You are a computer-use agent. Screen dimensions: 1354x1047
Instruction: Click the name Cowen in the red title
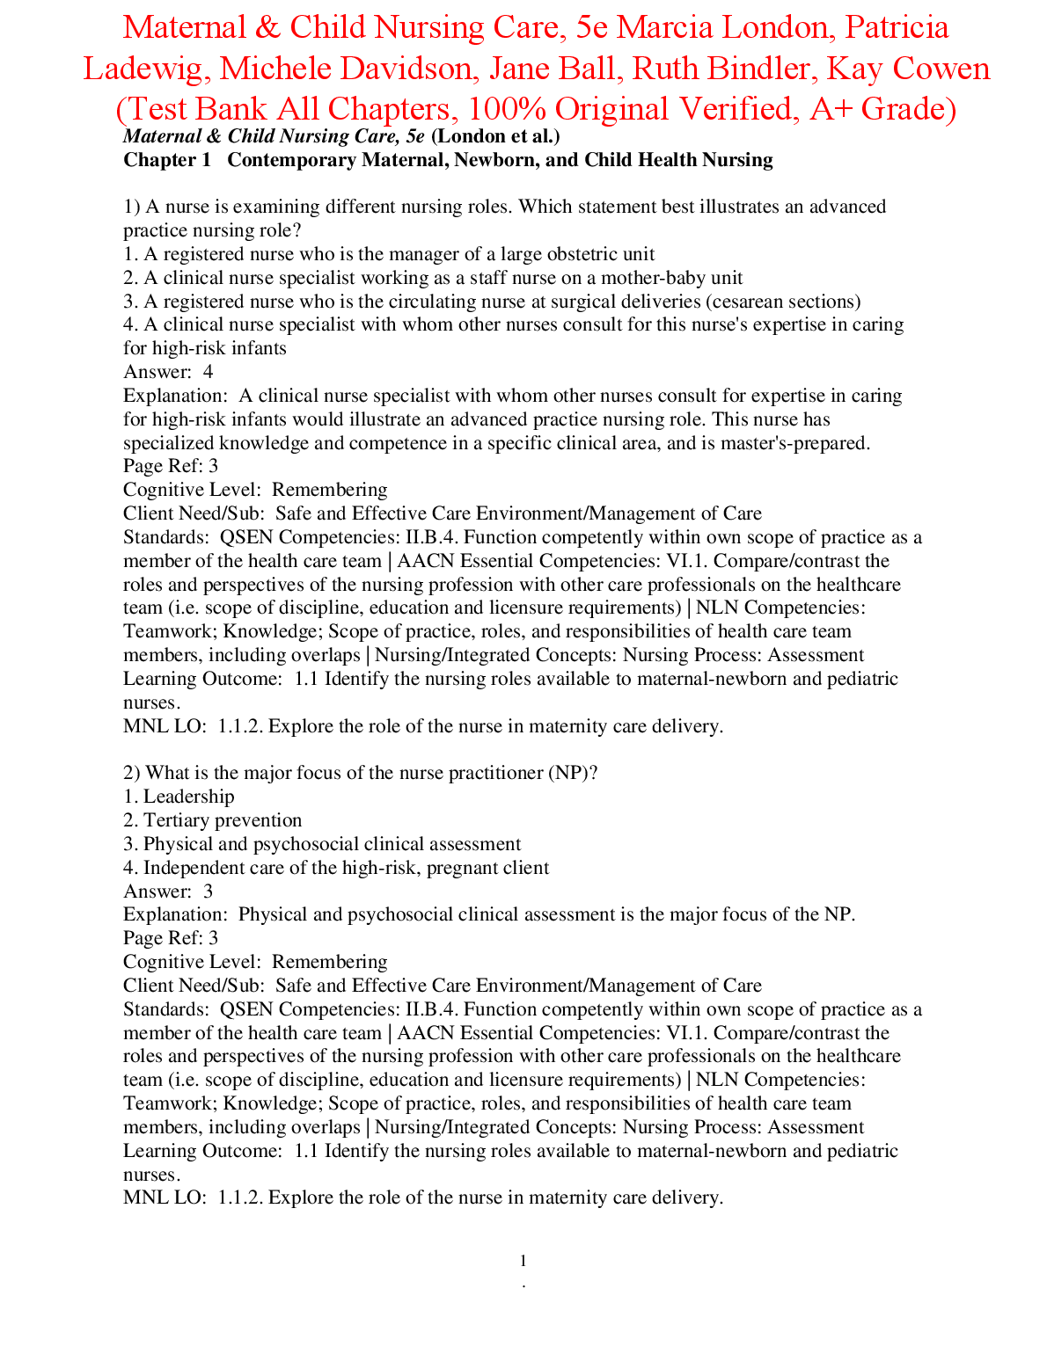point(942,69)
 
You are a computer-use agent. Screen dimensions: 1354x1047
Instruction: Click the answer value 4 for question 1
point(208,372)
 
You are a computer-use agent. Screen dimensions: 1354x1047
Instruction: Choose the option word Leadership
point(189,797)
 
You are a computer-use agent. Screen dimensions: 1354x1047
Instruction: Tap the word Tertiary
point(177,820)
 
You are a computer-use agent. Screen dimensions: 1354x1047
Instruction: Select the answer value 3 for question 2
point(208,892)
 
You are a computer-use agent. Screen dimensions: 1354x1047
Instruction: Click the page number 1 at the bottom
point(523,1261)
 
